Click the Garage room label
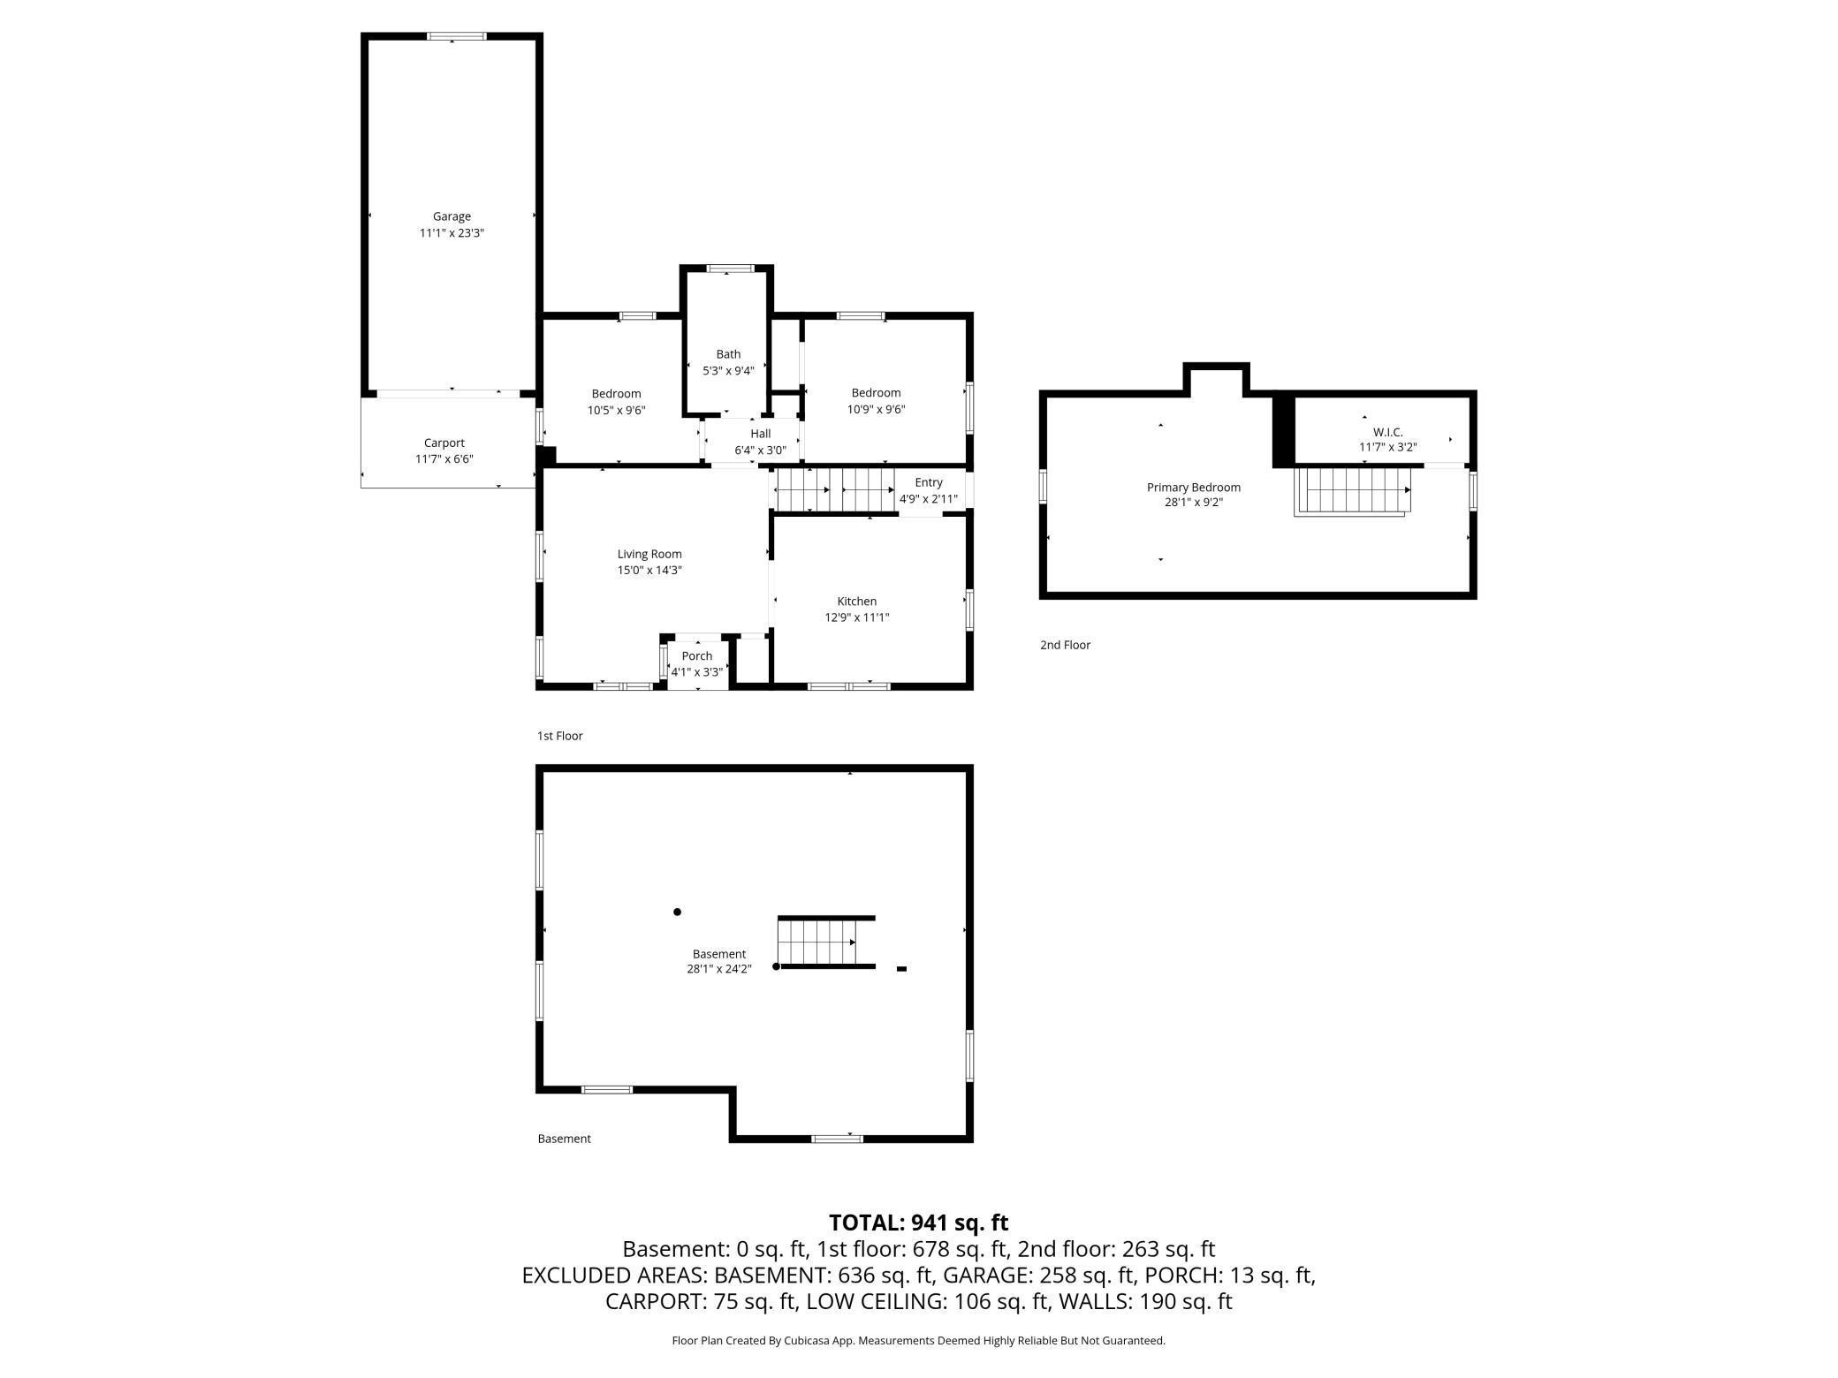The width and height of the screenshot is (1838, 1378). click(452, 216)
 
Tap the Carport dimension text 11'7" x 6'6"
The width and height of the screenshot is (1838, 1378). click(444, 459)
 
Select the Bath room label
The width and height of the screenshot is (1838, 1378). click(728, 354)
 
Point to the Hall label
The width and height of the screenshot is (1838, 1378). click(761, 434)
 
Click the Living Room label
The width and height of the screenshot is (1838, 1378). click(649, 555)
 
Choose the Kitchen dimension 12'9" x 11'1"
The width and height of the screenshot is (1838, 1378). click(857, 617)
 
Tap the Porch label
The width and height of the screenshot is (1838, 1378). click(697, 656)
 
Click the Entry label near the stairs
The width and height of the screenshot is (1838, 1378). click(929, 482)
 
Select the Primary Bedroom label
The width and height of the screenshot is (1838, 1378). click(1194, 488)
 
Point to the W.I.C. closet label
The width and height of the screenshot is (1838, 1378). click(1388, 432)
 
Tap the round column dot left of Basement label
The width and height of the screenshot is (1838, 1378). click(678, 912)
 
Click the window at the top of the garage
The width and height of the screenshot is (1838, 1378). click(457, 36)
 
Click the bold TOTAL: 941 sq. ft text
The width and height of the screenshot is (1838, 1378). click(918, 1223)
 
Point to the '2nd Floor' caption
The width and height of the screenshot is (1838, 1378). click(1065, 645)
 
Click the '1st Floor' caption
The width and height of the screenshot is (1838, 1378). click(560, 736)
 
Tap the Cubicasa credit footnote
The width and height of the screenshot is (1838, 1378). click(918, 1340)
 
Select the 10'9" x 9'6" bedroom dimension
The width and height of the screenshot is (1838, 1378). click(877, 409)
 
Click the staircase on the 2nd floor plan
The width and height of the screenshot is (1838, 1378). click(1352, 491)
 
